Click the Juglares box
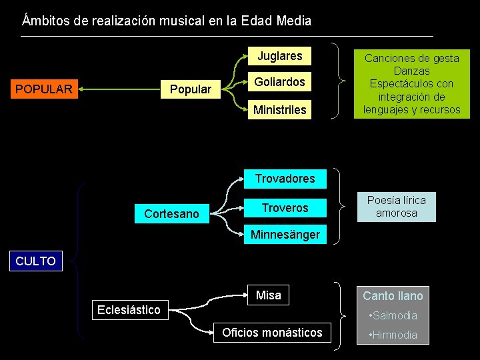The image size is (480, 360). [x=280, y=56]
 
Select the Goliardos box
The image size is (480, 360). [x=279, y=82]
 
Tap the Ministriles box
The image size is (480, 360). [x=279, y=110]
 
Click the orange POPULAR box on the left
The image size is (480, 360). [x=44, y=88]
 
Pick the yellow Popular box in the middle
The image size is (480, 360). [x=191, y=89]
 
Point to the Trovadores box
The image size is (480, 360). [x=285, y=179]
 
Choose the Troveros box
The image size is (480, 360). [x=285, y=208]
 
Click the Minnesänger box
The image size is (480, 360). [x=285, y=235]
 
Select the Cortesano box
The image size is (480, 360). [x=171, y=214]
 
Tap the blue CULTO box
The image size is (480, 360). [x=35, y=261]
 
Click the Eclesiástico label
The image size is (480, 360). [x=129, y=309]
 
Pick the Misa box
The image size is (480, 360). [x=269, y=295]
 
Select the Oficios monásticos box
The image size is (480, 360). [x=272, y=333]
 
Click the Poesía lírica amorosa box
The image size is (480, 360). [x=396, y=207]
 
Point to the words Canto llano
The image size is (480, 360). [x=393, y=295]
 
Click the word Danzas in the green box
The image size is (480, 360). [x=411, y=71]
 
